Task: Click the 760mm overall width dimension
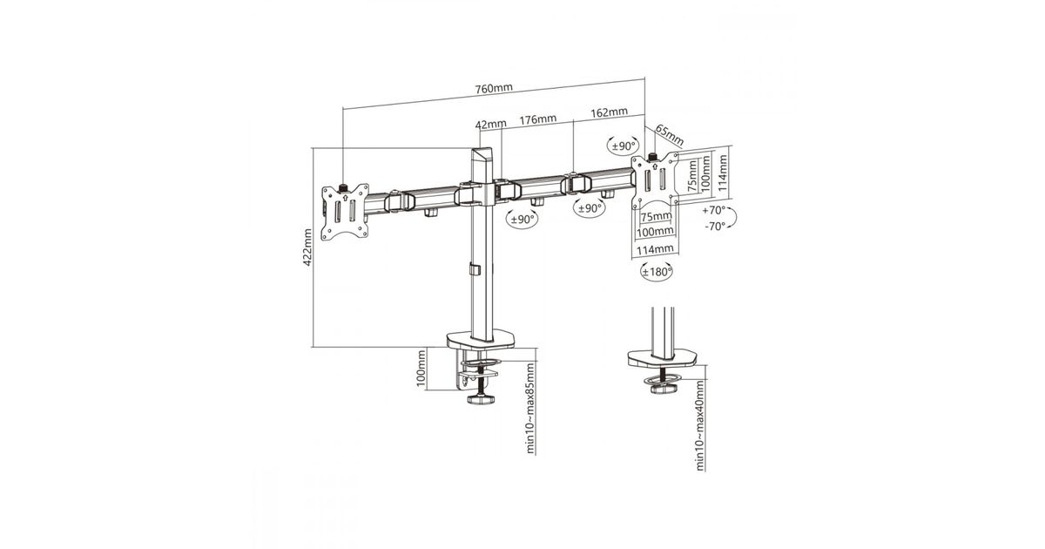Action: point(494,88)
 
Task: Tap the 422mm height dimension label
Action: point(307,247)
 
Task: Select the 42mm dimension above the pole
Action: point(491,124)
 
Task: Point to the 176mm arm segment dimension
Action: point(538,119)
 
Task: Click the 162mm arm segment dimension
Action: point(610,112)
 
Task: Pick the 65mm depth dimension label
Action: point(670,134)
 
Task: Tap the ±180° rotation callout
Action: point(657,272)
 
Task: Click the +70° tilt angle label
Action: point(714,210)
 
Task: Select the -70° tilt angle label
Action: point(715,227)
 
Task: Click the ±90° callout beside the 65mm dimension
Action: point(624,146)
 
